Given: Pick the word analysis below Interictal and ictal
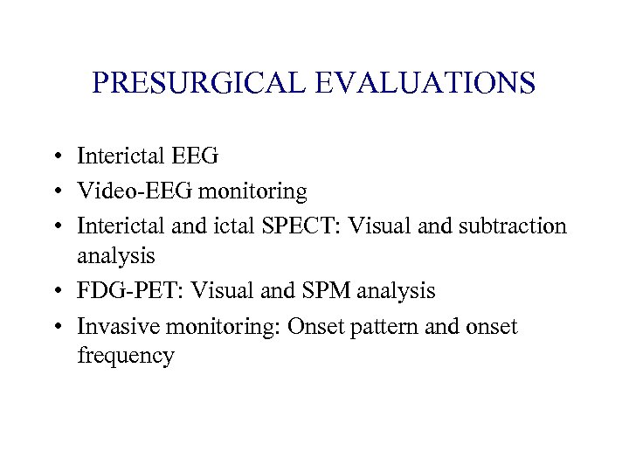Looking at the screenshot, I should click(115, 257).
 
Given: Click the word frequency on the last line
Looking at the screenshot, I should click(126, 357).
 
